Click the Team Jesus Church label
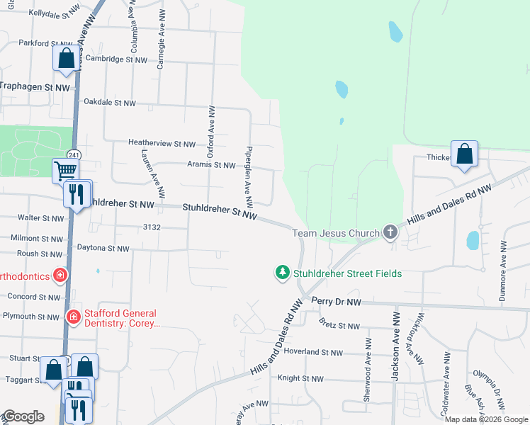pos(336,233)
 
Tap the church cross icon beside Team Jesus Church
pos(389,232)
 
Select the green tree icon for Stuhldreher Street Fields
pos(283,273)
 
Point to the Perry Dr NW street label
pos(336,302)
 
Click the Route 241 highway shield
pos(74,154)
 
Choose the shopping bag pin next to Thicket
pos(464,154)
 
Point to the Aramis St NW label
pos(211,165)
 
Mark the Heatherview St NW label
pos(162,143)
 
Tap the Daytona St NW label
pos(103,249)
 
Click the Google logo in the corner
pos(23,417)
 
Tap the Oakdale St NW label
pos(109,103)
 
